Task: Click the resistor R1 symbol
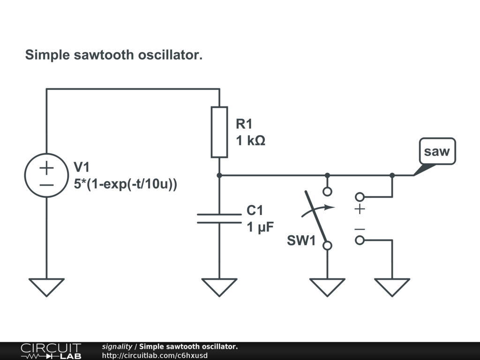(219, 132)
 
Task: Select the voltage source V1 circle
(46, 175)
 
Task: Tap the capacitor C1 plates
(219, 218)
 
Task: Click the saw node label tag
(437, 151)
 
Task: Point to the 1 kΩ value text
(251, 140)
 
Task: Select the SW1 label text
(300, 242)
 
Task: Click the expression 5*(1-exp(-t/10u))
(126, 184)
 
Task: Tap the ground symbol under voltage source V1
(46, 286)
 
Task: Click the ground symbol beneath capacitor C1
(219, 286)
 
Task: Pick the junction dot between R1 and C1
(219, 175)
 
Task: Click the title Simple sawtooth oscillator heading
(114, 55)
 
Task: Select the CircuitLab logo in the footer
(51, 351)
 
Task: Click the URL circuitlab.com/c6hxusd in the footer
(155, 355)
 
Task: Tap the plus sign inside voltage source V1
(46, 167)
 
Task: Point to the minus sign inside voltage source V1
(46, 184)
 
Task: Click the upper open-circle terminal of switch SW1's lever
(327, 191)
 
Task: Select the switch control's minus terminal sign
(360, 229)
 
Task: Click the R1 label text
(244, 124)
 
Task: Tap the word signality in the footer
(117, 346)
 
